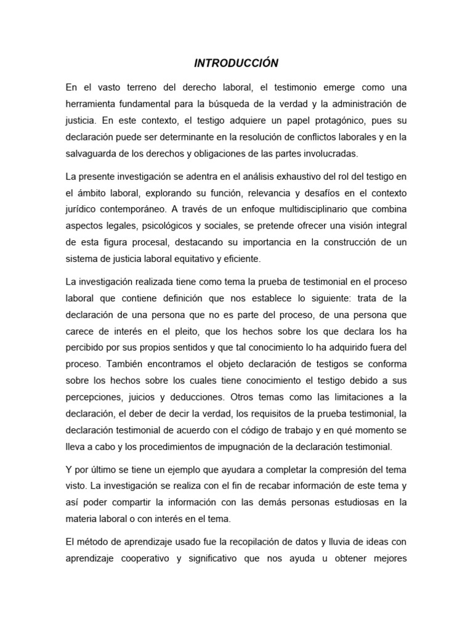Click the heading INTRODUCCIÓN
point(236,63)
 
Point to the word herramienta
point(94,103)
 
